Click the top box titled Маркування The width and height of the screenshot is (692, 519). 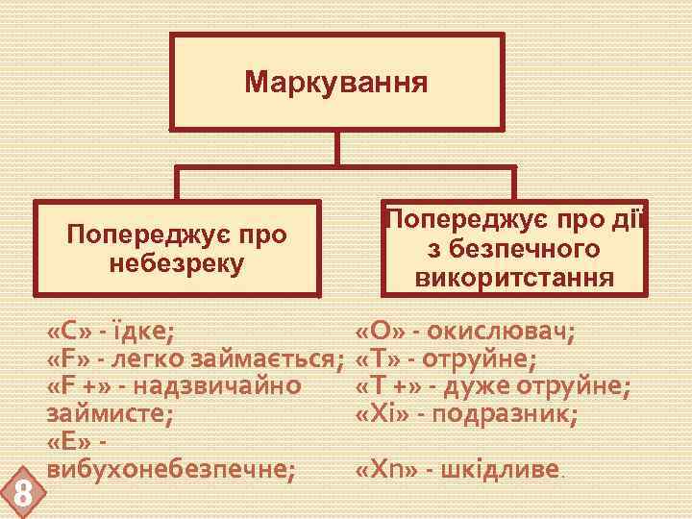click(x=336, y=82)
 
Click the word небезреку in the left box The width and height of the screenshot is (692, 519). click(x=177, y=261)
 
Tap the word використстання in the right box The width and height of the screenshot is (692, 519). click(x=513, y=279)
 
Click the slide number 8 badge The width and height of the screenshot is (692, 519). click(x=21, y=496)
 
